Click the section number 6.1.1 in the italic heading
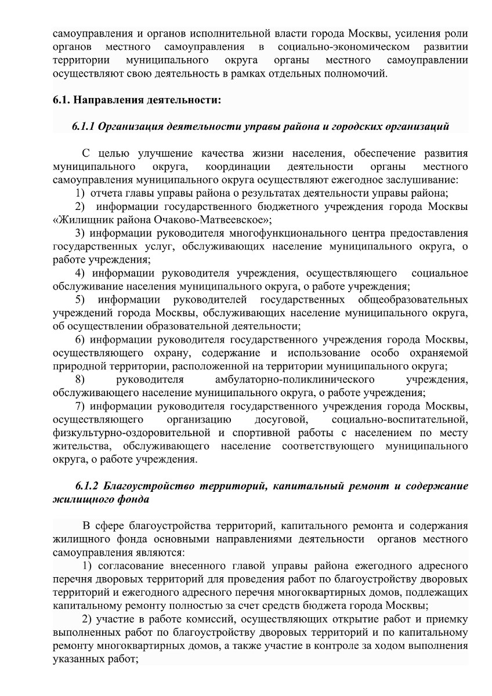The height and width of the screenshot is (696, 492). tap(84, 126)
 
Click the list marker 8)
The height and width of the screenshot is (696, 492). tap(81, 380)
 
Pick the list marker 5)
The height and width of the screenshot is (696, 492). tap(81, 300)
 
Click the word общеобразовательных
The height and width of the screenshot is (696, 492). tap(405, 300)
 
